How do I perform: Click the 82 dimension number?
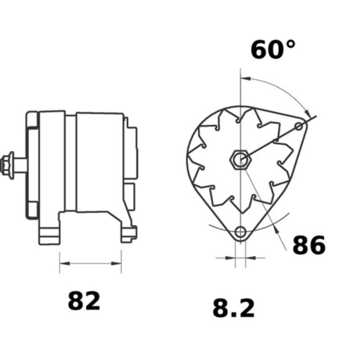pos(84,301)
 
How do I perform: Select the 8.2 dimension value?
pos(234,309)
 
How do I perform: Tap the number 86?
pos(309,245)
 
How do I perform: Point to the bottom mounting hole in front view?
pos(241,232)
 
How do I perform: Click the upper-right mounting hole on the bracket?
pos(300,126)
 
